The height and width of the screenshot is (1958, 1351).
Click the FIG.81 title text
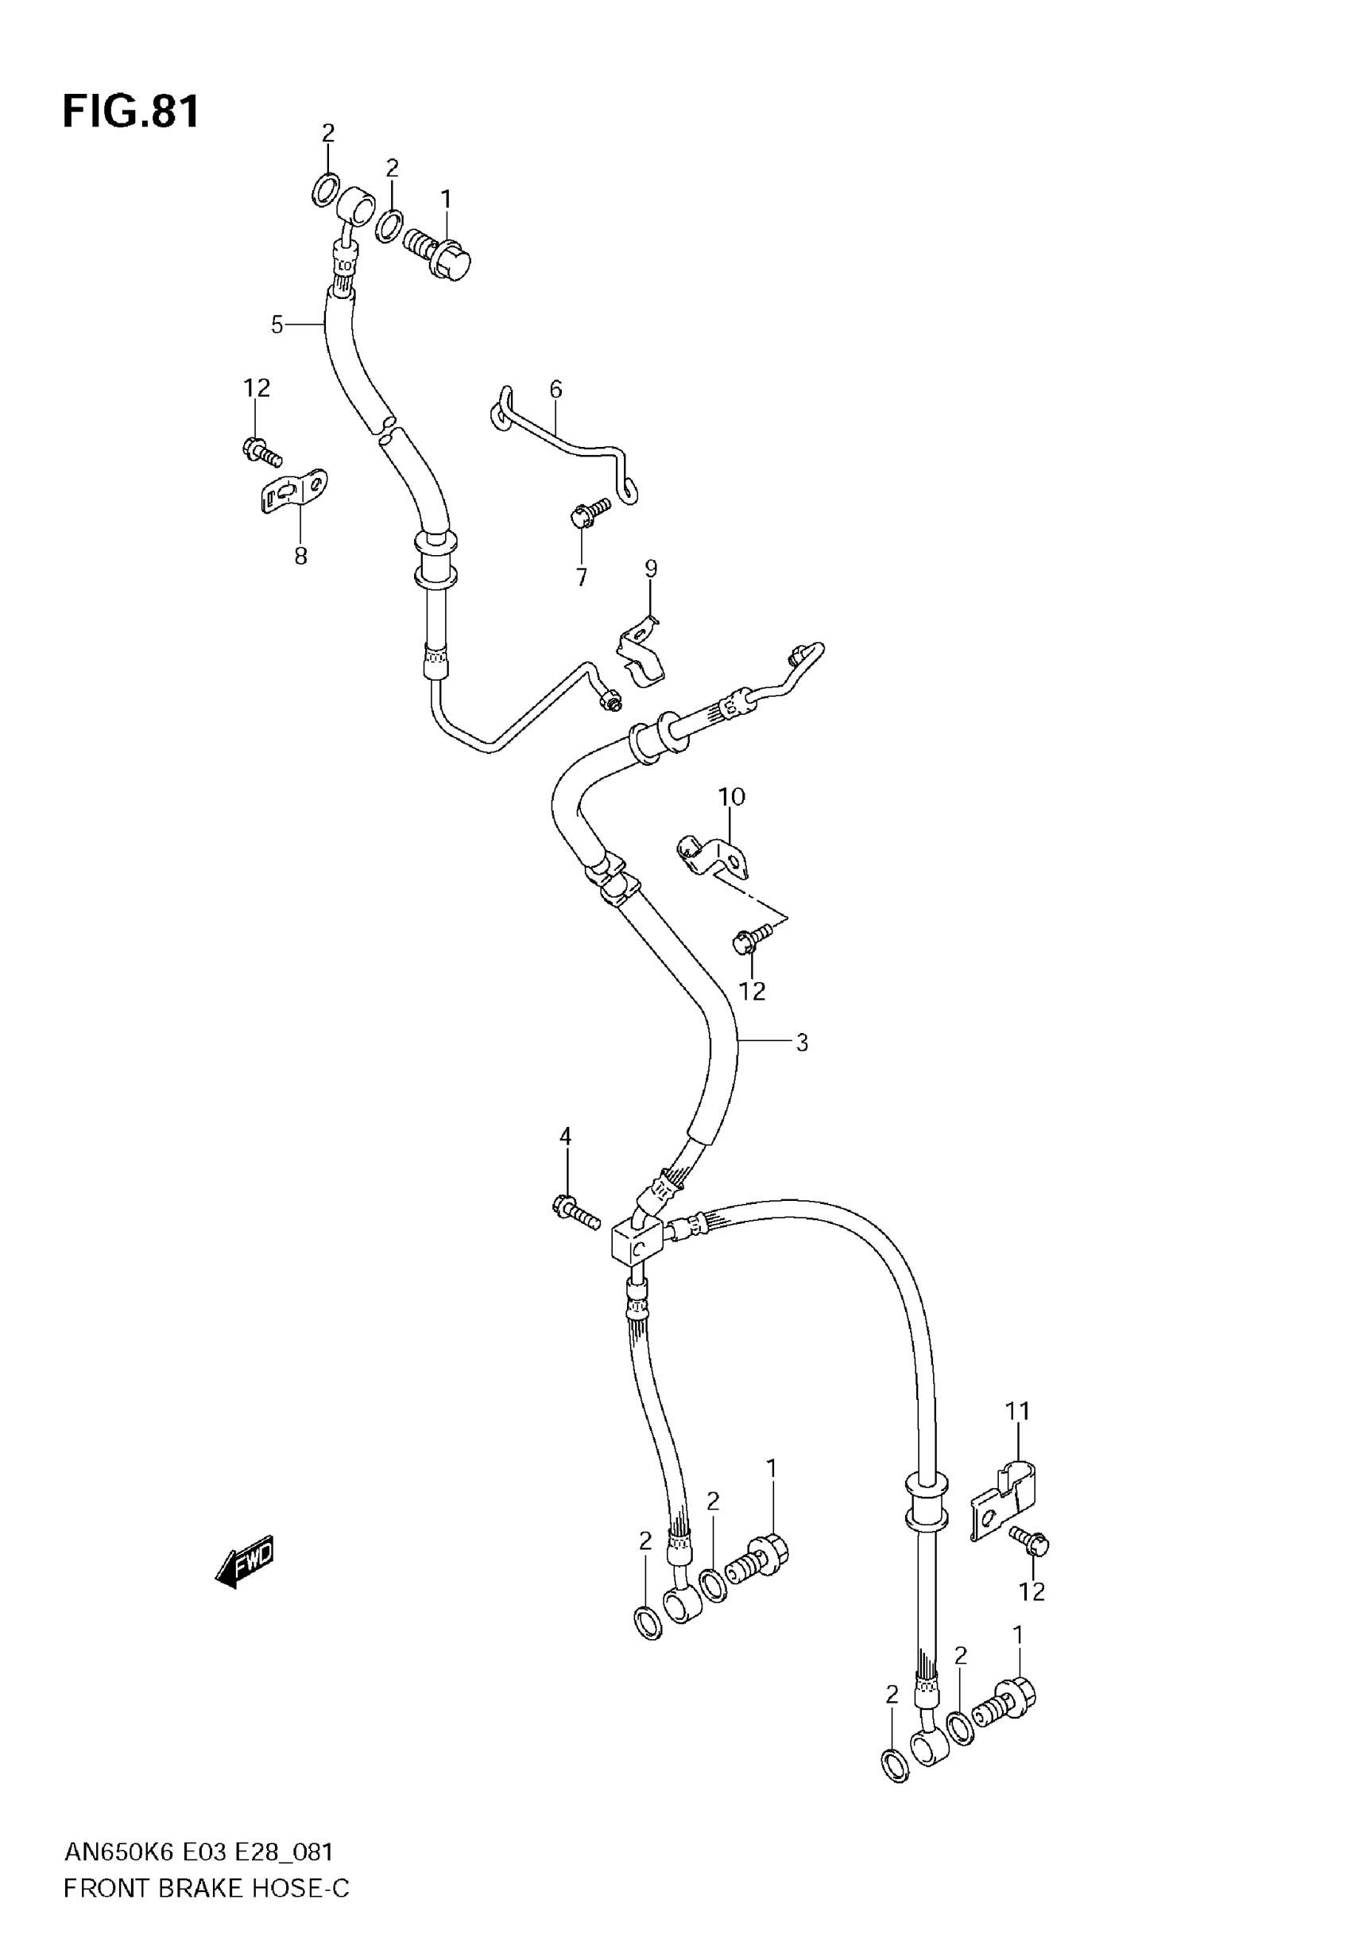131,112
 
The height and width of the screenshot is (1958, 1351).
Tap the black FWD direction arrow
246,1560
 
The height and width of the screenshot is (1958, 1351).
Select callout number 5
277,324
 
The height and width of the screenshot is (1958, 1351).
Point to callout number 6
555,390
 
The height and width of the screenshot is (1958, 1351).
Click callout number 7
582,577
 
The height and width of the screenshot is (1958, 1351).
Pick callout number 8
300,557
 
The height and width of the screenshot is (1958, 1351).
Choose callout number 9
650,569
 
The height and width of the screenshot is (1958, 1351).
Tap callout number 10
731,797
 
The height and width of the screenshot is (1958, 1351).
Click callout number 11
1017,1412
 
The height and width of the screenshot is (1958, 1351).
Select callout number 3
802,1043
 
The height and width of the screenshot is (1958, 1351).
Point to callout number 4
566,1136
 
